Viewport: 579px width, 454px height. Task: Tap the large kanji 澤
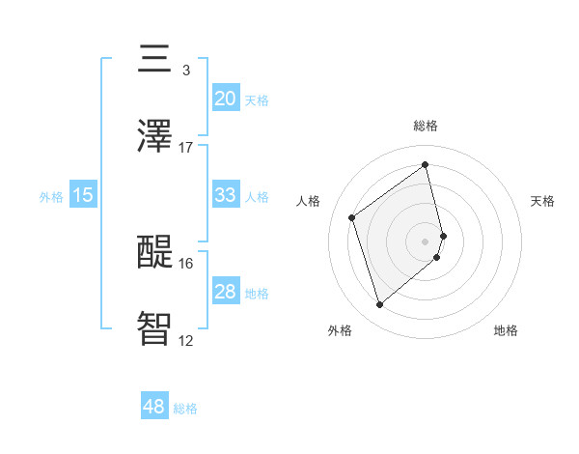pyautogui.click(x=154, y=137)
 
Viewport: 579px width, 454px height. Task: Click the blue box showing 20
pyautogui.click(x=226, y=98)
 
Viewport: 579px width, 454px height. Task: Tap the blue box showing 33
pyautogui.click(x=226, y=195)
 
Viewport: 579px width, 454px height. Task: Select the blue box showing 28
pyautogui.click(x=226, y=292)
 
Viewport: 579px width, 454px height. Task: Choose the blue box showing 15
pyautogui.click(x=83, y=195)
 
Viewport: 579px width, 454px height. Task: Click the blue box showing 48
pyautogui.click(x=154, y=407)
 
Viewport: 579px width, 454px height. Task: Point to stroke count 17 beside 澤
pyautogui.click(x=186, y=148)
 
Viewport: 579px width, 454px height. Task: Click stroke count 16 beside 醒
pyautogui.click(x=186, y=263)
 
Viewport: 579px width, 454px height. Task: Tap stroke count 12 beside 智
pyautogui.click(x=186, y=340)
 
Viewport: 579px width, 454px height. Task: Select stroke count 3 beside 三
pyautogui.click(x=185, y=70)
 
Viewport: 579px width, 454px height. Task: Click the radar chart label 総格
pyautogui.click(x=426, y=126)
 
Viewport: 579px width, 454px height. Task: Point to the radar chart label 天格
pyautogui.click(x=543, y=201)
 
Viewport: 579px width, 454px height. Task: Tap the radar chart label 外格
pyautogui.click(x=340, y=330)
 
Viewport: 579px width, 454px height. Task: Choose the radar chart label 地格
pyautogui.click(x=506, y=330)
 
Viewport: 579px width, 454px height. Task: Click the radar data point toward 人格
pyautogui.click(x=352, y=217)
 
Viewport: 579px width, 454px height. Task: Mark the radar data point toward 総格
pyautogui.click(x=426, y=165)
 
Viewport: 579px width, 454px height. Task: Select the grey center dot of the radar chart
pyautogui.click(x=426, y=241)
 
